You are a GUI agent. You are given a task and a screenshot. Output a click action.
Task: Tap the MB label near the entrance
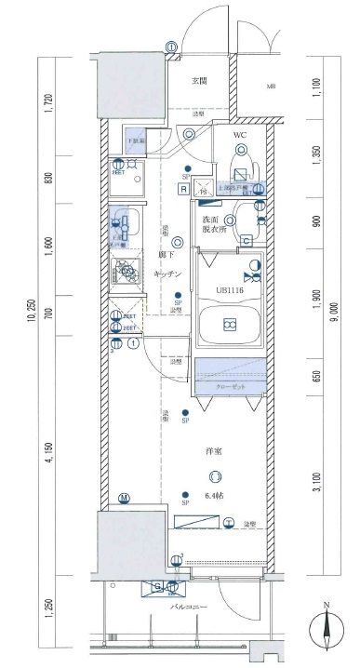coord(273,88)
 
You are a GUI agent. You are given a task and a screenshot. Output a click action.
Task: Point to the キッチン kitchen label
coord(167,274)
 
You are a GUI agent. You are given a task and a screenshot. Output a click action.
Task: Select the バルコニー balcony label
coord(191,608)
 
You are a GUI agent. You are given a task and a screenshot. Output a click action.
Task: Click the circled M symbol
coord(123,499)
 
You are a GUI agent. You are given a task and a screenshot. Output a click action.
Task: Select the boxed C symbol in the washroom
coord(245,241)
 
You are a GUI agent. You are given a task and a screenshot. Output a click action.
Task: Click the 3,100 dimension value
coord(316,475)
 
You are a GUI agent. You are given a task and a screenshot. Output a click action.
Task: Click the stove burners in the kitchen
coord(124,274)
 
